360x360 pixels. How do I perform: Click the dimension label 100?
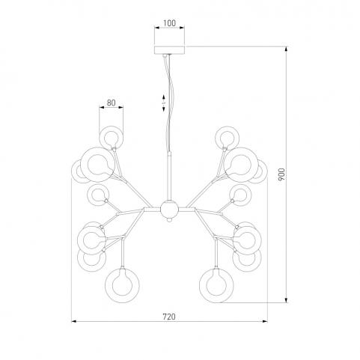coord(169,23)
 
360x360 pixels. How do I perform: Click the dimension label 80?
coord(112,103)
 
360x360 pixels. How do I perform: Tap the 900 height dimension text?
coord(281,174)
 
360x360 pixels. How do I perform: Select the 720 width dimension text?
coord(169,317)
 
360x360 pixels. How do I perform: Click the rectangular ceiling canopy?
coord(169,50)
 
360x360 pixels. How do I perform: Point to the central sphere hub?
coord(169,209)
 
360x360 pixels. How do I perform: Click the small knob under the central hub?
coord(169,220)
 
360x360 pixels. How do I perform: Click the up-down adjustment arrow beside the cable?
coord(163,103)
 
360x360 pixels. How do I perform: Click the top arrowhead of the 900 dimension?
coord(286,49)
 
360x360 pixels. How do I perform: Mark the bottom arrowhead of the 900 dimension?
coord(286,300)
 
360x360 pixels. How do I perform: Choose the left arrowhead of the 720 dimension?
coord(74,321)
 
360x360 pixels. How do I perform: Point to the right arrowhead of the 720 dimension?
coord(265,321)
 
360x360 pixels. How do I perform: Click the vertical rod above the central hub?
coord(169,177)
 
